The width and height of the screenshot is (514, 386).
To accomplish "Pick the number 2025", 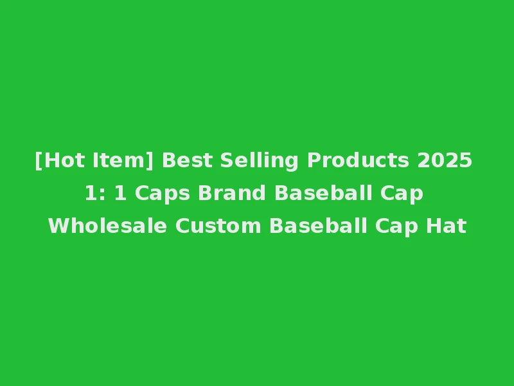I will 445,160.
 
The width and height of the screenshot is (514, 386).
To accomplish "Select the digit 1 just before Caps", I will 120,193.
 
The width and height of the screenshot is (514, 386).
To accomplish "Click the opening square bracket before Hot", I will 39,160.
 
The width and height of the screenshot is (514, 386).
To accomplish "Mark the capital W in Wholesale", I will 57,226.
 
